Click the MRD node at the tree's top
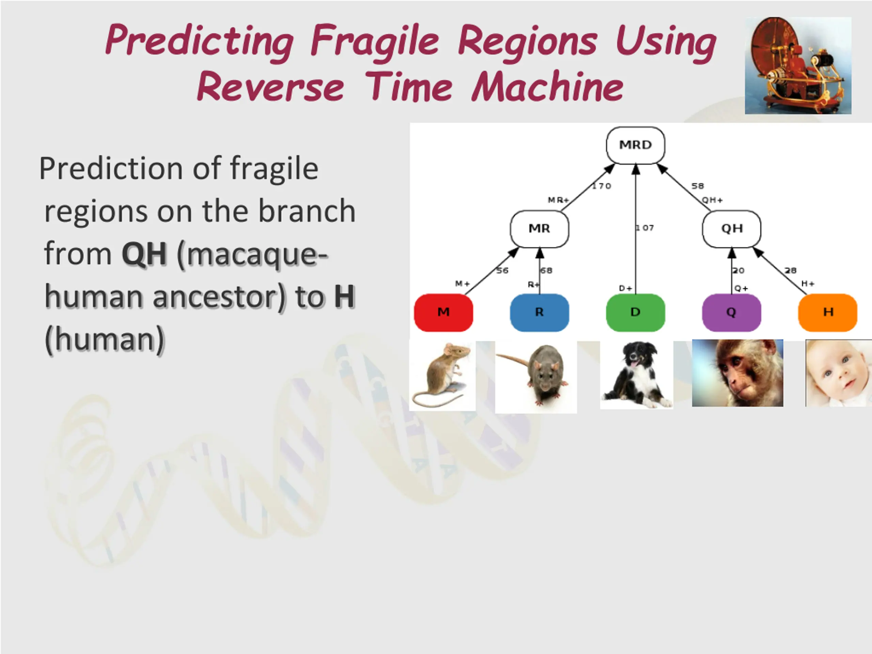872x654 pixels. click(636, 145)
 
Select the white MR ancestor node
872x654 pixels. click(539, 229)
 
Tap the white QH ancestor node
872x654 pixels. click(732, 229)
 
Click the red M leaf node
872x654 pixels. click(443, 313)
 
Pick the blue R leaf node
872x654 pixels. click(539, 313)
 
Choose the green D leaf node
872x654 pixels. click(636, 313)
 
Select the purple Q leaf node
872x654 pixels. click(732, 313)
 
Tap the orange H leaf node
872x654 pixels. click(828, 313)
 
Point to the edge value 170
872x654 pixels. click(602, 186)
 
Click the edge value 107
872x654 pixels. click(644, 228)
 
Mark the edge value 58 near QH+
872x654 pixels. click(697, 186)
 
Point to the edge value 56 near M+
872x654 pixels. click(502, 270)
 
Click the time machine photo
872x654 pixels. click(798, 65)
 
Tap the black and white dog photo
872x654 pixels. click(637, 375)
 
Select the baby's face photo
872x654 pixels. click(839, 373)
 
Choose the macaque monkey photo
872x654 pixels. click(737, 373)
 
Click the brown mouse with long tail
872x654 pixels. click(442, 376)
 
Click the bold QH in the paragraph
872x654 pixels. click(145, 254)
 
